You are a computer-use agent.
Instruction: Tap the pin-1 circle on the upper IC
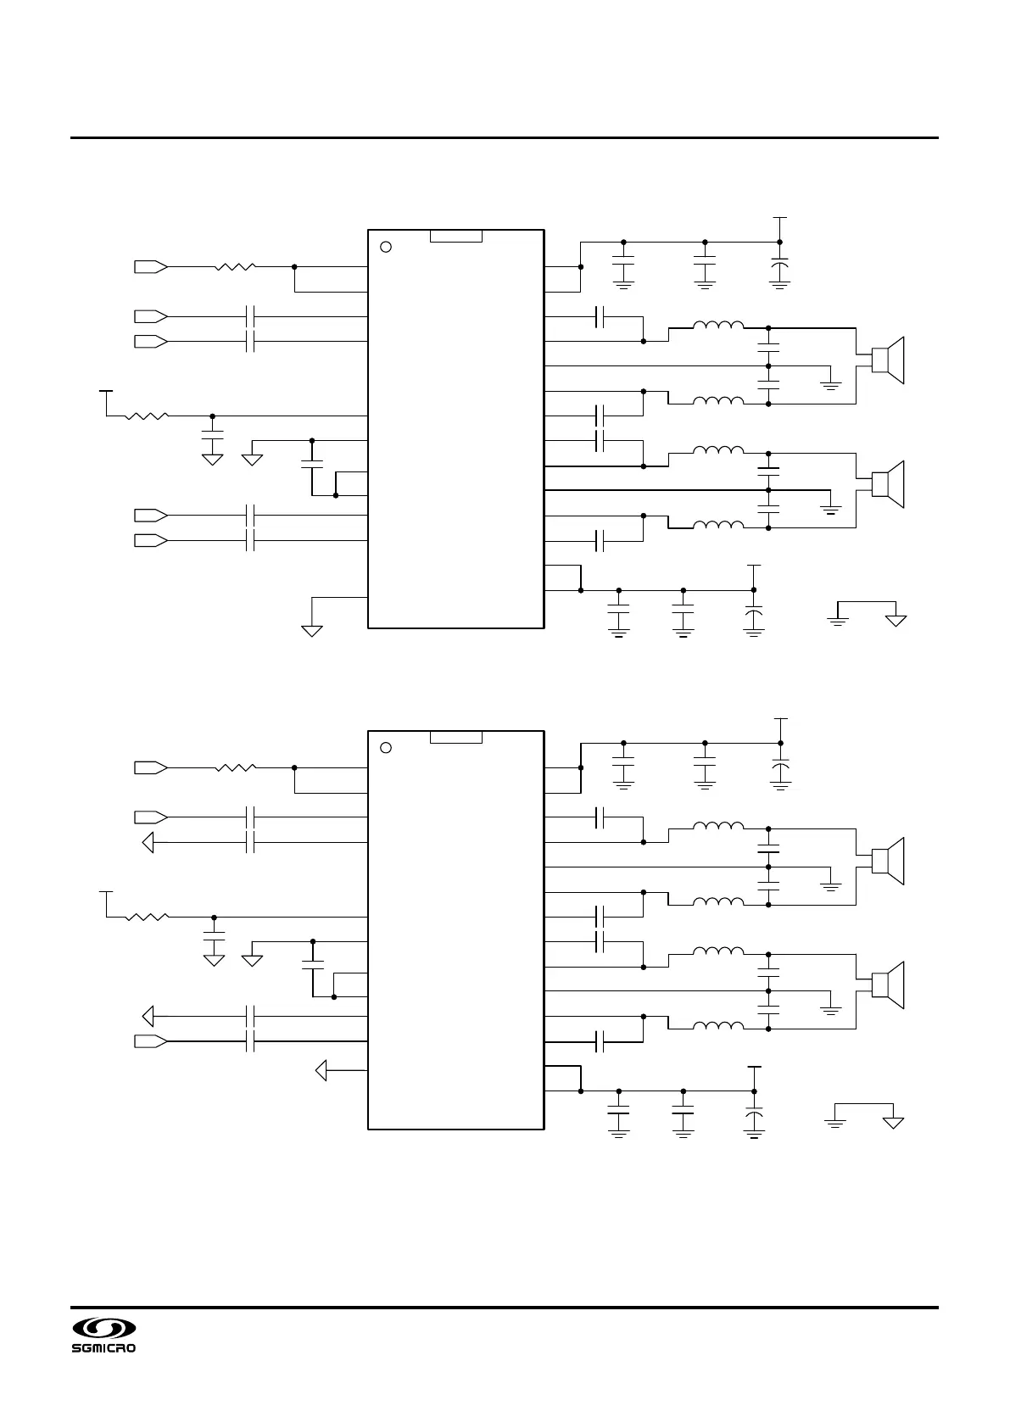(x=386, y=247)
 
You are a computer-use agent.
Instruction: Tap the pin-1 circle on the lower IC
(x=386, y=748)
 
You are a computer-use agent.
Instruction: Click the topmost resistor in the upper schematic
(x=235, y=266)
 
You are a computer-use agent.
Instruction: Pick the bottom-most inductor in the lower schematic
(x=718, y=1027)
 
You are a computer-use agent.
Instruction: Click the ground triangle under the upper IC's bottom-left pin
(x=312, y=630)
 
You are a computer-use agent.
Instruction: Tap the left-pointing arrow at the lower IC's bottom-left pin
(x=321, y=1071)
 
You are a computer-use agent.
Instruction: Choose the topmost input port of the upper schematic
(x=150, y=266)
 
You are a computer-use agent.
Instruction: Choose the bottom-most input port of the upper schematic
(x=150, y=540)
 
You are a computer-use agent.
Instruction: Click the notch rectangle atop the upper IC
(x=456, y=236)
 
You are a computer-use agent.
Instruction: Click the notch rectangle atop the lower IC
(x=456, y=737)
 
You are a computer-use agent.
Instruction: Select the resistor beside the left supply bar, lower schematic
(x=147, y=917)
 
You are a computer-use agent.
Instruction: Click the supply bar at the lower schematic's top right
(x=780, y=718)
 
